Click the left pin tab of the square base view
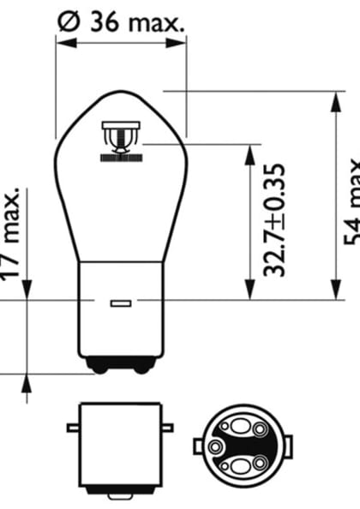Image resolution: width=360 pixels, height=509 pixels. [x=72, y=427]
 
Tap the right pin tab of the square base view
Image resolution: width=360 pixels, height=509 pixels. [x=167, y=427]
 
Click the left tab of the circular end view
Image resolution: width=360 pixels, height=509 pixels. [x=199, y=446]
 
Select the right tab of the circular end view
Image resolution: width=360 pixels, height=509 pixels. [x=287, y=446]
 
